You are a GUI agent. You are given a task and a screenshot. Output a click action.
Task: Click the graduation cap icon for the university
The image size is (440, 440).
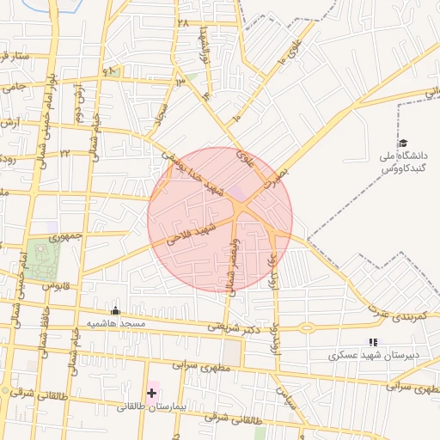(x=401, y=144)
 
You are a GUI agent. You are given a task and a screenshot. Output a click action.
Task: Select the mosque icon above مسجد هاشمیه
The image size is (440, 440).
(x=115, y=310)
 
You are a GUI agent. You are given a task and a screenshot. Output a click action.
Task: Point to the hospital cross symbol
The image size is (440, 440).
(x=151, y=393)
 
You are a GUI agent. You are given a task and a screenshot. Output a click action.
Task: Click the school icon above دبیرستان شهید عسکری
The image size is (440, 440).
(x=372, y=342)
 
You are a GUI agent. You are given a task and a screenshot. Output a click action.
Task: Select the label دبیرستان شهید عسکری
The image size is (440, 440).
(x=372, y=355)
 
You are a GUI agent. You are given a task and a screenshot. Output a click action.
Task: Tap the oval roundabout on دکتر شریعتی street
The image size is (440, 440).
(x=307, y=327)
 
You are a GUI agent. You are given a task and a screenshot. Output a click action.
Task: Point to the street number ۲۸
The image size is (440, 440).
(x=182, y=22)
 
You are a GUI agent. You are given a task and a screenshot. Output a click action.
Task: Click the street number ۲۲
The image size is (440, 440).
(x=64, y=153)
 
